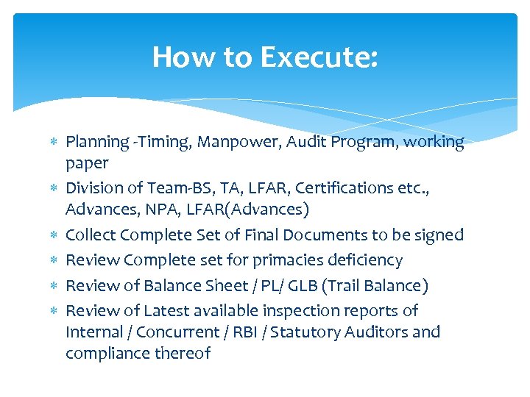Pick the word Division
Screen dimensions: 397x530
95,188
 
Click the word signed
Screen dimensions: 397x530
438,236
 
